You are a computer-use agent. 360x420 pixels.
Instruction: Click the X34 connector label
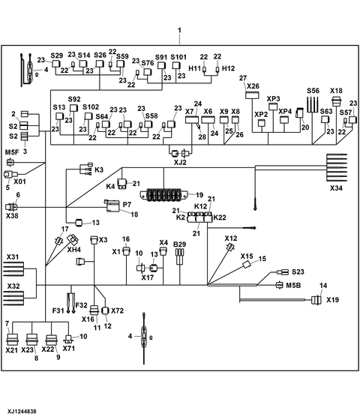335,188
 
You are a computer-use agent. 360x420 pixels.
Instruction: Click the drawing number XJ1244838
23,412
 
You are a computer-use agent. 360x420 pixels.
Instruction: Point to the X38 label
12,215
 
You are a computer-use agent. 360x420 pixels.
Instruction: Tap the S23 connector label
298,271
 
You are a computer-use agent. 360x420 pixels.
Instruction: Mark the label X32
13,286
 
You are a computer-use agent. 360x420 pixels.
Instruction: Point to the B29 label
180,244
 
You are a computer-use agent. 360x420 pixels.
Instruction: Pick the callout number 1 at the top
179,31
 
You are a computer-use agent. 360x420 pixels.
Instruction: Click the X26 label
253,86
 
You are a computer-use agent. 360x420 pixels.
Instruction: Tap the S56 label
313,91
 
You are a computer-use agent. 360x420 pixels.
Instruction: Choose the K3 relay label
99,170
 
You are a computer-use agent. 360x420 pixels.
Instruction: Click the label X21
12,350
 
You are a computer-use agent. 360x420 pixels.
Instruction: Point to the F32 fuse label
81,305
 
